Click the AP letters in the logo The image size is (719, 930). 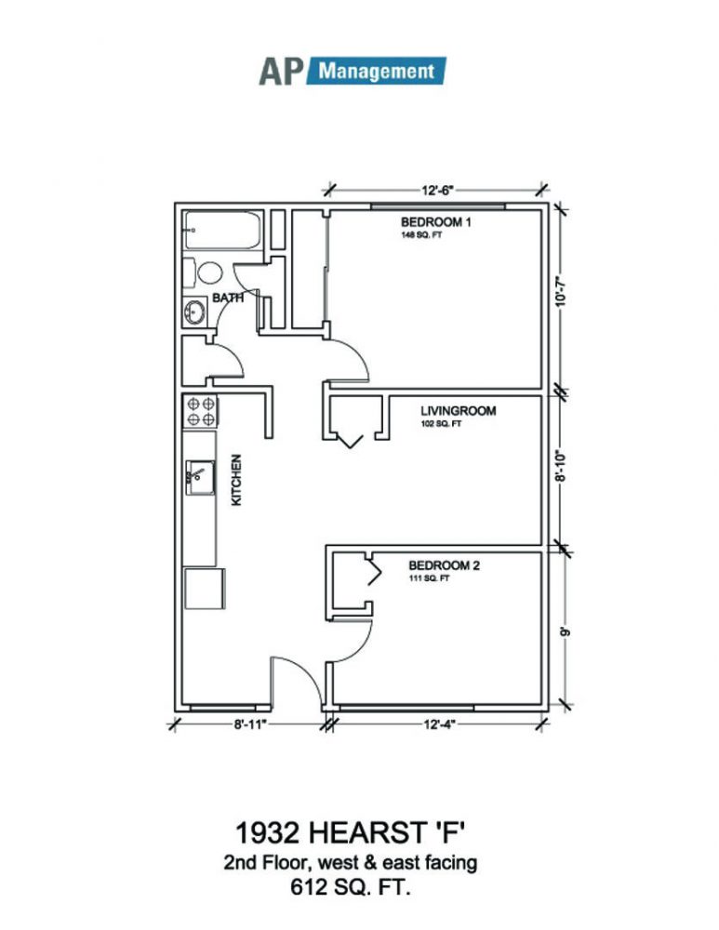pos(281,72)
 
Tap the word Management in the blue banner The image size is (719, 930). pos(377,72)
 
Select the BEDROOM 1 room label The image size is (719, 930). pos(436,222)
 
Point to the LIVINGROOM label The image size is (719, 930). pos(458,410)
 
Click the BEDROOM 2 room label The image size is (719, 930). pos(444,565)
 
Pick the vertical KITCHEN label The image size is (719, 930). pos(236,480)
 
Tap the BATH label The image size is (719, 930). pos(228,298)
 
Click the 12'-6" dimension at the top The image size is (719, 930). pos(438,190)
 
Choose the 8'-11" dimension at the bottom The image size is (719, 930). pos(251,724)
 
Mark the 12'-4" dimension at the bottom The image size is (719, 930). pos(440,724)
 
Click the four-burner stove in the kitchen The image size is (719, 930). pos(200,412)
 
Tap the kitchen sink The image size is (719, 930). pos(200,477)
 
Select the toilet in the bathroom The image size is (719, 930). pos(203,272)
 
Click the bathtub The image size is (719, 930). pos(223,230)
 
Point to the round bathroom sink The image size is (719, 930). pos(194,312)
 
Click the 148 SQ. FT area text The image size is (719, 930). pos(421,235)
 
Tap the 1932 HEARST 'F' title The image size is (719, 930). pos(350,832)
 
